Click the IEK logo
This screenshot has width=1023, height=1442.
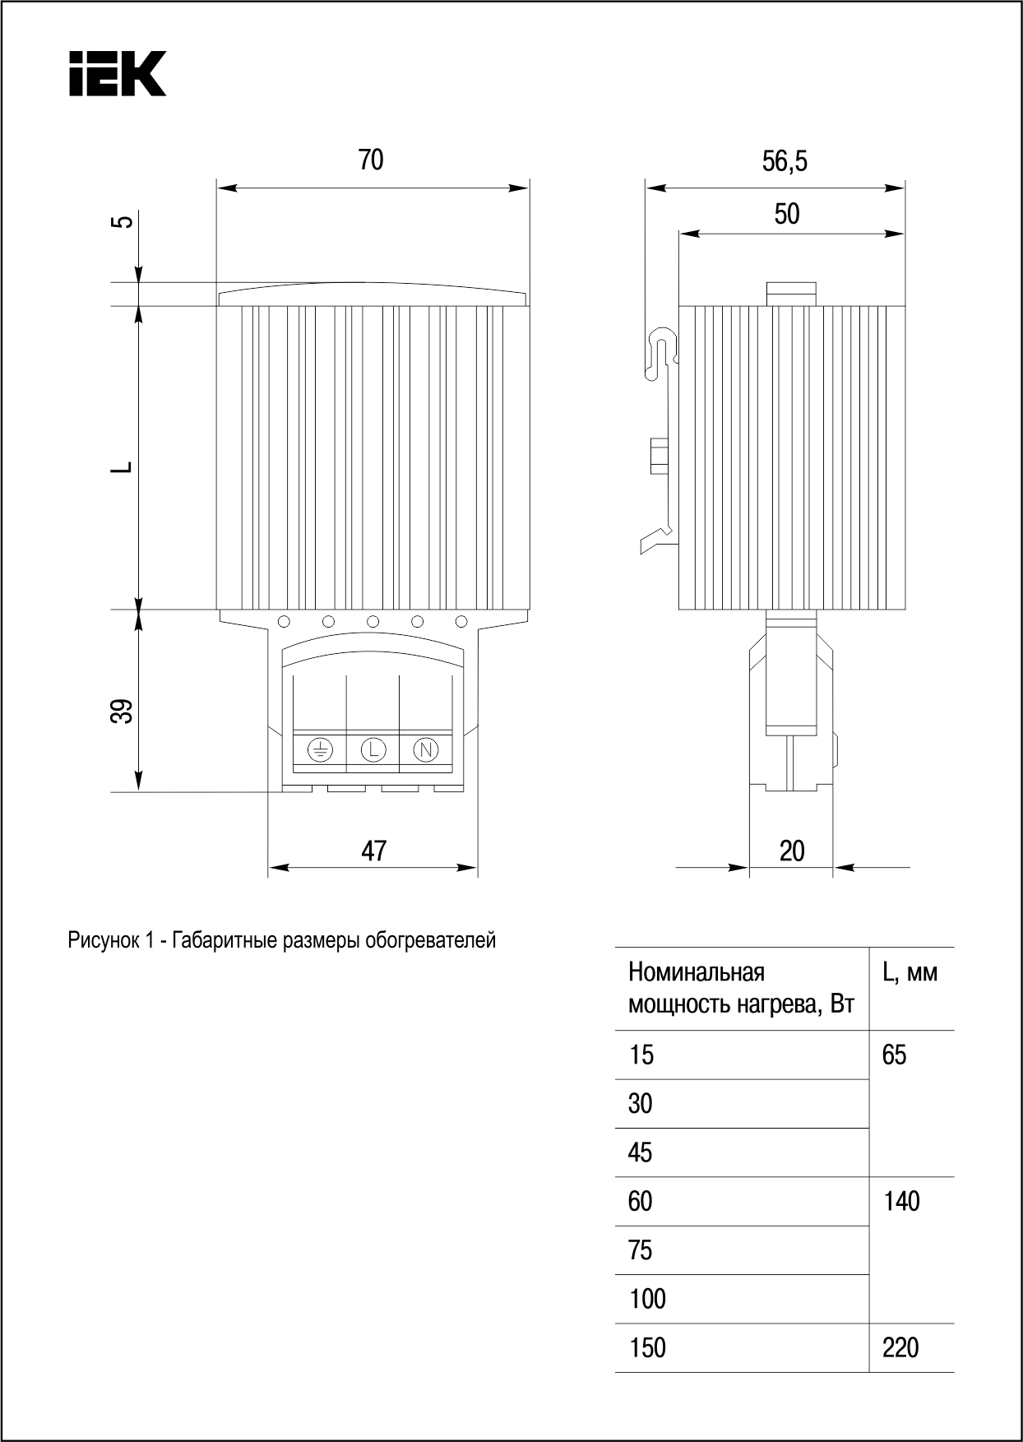(x=117, y=73)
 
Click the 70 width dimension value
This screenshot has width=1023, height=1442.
(x=371, y=160)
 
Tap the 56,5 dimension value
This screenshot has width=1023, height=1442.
(x=785, y=161)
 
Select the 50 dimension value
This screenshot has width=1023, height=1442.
(x=787, y=214)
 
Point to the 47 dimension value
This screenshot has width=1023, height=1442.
(x=374, y=851)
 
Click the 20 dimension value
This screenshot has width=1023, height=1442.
(x=791, y=851)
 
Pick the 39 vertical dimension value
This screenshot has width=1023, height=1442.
(x=122, y=711)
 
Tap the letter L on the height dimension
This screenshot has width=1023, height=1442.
(x=123, y=466)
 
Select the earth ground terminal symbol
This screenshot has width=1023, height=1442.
(x=320, y=749)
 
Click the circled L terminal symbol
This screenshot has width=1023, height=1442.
(x=373, y=749)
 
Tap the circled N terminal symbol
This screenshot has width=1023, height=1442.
(x=425, y=749)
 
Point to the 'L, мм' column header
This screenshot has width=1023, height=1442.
(x=910, y=973)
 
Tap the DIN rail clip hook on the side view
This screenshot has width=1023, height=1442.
(x=663, y=350)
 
